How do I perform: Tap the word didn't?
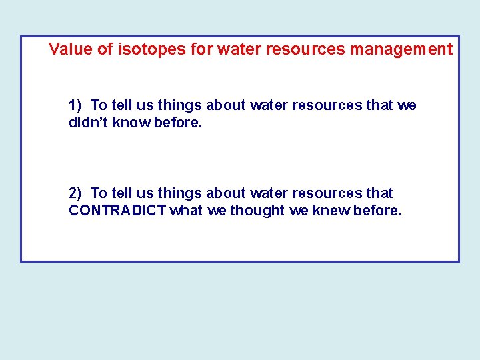[x=86, y=123]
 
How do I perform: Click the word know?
[x=129, y=123]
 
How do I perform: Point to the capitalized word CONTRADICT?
[x=117, y=211]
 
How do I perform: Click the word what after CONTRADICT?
[x=187, y=211]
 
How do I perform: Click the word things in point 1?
[x=180, y=105]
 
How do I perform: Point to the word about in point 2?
[x=226, y=193]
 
